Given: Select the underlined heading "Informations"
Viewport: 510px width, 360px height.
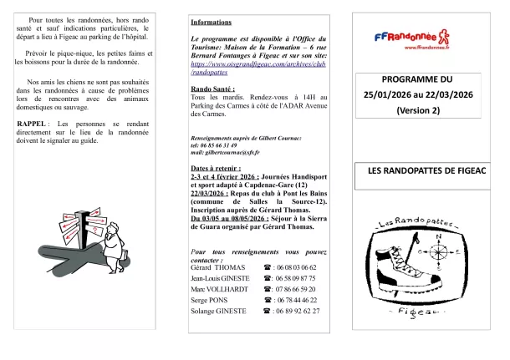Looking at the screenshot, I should coord(211,22).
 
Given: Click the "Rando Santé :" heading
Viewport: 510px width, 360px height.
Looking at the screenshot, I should coord(213,88).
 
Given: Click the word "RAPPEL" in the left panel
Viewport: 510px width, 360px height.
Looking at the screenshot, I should coord(31,124).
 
